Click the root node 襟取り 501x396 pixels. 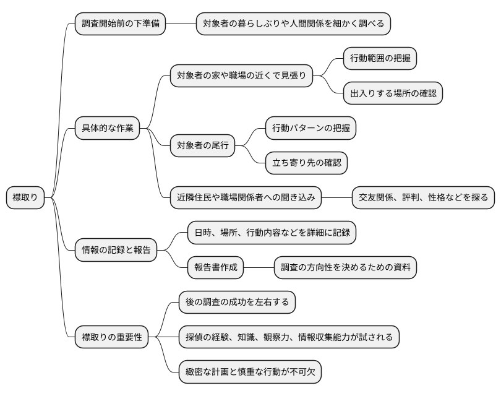[x=25, y=198]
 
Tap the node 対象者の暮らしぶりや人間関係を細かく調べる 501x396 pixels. [x=293, y=24]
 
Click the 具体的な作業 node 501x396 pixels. [x=107, y=129]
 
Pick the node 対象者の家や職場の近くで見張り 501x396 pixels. [x=241, y=76]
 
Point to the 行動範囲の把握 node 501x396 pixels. [x=380, y=59]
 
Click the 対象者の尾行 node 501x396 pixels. [x=203, y=146]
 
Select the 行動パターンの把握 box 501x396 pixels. [x=310, y=129]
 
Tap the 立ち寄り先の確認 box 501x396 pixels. [x=306, y=163]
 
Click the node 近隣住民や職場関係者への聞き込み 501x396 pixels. [x=246, y=198]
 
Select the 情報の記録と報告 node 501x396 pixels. [x=116, y=251]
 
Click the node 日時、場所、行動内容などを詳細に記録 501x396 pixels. [x=272, y=233]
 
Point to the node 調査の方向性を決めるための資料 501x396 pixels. [x=345, y=268]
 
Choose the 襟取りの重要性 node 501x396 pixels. [x=112, y=337]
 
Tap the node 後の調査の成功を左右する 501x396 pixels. [x=237, y=303]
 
